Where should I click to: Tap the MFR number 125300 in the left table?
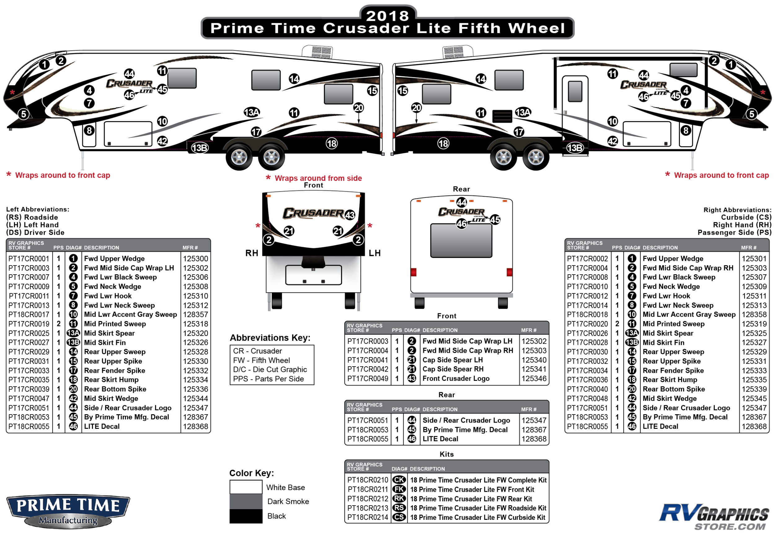195,259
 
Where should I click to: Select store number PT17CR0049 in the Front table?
368,378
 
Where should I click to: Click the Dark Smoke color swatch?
246,502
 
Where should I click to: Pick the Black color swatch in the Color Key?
246,516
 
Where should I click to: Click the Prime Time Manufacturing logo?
68,511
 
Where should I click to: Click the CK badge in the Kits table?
399,480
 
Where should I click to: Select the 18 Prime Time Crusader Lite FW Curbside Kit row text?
477,518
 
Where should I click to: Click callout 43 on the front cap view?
350,215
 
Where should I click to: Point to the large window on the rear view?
461,241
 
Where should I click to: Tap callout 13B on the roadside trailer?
200,148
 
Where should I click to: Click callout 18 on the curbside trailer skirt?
443,143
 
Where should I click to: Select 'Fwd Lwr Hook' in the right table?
666,296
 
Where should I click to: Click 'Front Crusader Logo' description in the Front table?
456,378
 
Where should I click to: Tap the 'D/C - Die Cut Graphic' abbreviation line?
270,369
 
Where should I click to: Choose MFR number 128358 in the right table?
754,315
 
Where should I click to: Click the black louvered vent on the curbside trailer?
502,116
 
